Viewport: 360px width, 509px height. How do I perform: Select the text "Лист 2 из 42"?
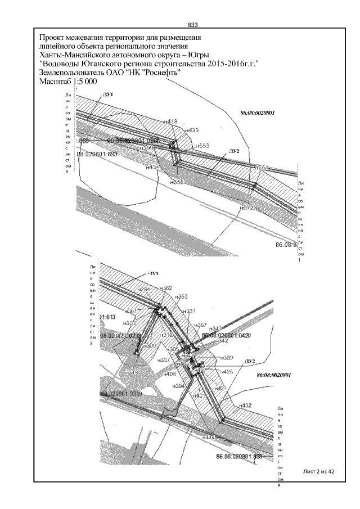click(318, 471)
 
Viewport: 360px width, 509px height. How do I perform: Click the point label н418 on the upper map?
click(170, 121)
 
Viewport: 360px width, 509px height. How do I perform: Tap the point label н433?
click(192, 130)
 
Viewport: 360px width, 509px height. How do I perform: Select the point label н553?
click(202, 146)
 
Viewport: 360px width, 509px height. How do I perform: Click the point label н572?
click(247, 208)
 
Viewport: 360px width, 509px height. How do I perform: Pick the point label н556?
click(177, 183)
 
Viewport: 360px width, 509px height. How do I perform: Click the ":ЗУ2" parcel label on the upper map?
click(234, 151)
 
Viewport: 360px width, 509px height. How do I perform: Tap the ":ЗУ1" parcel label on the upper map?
click(107, 95)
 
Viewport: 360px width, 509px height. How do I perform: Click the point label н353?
click(181, 296)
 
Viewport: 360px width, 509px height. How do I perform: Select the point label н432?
click(245, 405)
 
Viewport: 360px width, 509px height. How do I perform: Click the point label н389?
click(227, 358)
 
